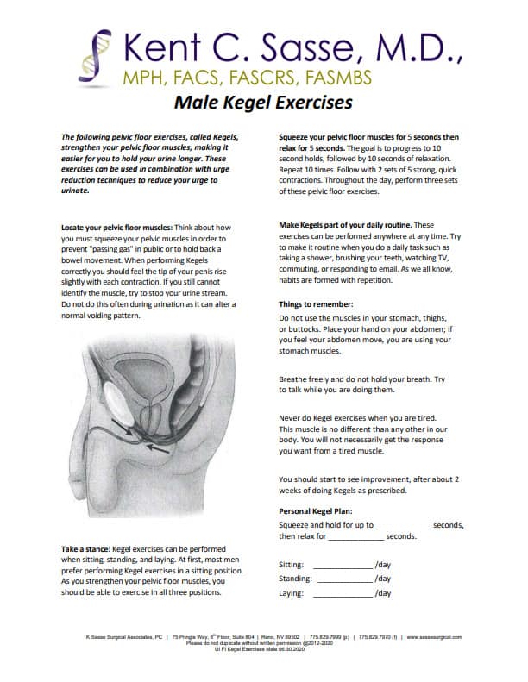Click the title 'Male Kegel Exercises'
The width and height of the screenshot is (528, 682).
click(x=263, y=103)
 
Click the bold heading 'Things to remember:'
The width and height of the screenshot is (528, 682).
click(x=316, y=304)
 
